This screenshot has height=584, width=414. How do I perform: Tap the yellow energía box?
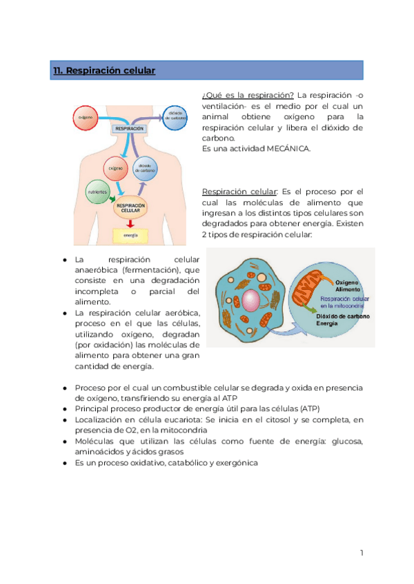pyautogui.click(x=130, y=236)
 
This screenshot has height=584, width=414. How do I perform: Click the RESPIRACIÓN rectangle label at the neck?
pyautogui.click(x=130, y=129)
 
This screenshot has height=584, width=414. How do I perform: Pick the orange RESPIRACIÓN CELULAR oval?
pyautogui.click(x=131, y=207)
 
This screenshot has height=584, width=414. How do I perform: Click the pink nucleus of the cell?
pyautogui.click(x=250, y=300)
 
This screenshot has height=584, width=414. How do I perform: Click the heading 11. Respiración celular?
pyautogui.click(x=104, y=71)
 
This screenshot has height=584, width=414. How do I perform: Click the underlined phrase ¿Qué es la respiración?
pyautogui.click(x=248, y=94)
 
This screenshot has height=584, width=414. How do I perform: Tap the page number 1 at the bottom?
pyautogui.click(x=361, y=553)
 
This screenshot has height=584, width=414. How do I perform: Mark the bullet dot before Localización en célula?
pyautogui.click(x=64, y=419)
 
